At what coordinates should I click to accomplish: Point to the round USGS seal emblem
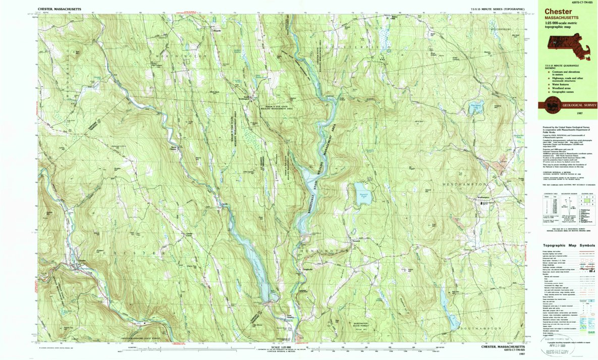551,106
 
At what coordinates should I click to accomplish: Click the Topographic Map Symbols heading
569,245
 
